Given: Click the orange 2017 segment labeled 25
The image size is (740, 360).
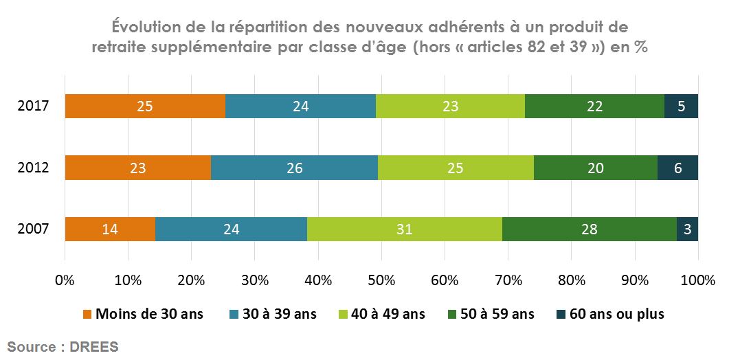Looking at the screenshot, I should [x=145, y=106].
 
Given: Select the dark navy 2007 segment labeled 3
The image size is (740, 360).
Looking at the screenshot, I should [x=687, y=229].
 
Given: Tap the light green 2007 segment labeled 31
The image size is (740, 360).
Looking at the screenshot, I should [x=404, y=229].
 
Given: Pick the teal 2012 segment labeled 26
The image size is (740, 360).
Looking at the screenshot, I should [x=294, y=168].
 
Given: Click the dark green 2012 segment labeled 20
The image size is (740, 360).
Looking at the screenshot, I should [x=595, y=168].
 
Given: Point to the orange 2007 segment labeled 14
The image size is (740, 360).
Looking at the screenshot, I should [x=110, y=229].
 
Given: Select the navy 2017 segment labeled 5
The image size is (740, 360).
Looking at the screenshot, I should [x=681, y=106].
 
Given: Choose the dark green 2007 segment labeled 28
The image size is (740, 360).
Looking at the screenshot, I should [x=589, y=229].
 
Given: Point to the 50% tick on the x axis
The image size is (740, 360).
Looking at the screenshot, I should [x=381, y=280].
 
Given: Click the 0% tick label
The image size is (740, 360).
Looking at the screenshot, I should [x=65, y=280].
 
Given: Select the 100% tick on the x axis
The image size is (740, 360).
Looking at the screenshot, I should [x=698, y=280].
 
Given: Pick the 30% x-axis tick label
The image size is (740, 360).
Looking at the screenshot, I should [x=255, y=280].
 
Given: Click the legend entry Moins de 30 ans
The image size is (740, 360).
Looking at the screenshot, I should [x=149, y=314].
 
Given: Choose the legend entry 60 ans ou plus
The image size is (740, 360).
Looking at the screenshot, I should [x=617, y=314].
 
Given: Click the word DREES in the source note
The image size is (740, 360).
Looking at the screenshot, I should [x=94, y=347].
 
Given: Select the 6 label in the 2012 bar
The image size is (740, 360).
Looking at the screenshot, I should [x=677, y=168].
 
